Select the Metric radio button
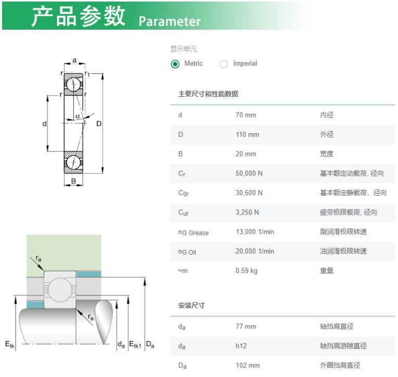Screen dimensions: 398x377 (x=175, y=64)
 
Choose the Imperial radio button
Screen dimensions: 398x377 (x=224, y=64)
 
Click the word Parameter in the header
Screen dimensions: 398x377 (x=170, y=21)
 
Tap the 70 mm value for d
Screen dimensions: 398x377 (x=246, y=115)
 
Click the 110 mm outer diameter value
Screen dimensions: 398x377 (x=247, y=134)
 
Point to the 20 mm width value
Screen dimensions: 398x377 (x=246, y=154)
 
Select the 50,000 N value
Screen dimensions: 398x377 (x=249, y=173)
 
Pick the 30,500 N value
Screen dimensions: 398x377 (x=249, y=193)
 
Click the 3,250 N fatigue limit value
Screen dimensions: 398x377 (x=247, y=212)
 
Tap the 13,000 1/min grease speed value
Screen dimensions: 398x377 (x=254, y=232)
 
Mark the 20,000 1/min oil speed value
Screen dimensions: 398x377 (x=254, y=252)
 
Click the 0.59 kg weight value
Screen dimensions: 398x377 (x=246, y=271)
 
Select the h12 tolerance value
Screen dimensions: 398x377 (x=241, y=346)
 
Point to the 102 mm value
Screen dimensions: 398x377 (x=248, y=366)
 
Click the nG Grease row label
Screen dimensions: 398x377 (x=193, y=232)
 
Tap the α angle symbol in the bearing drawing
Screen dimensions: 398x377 (x=78, y=116)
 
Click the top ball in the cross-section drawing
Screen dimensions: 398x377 (x=73, y=84)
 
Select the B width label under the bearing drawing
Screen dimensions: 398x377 (x=73, y=181)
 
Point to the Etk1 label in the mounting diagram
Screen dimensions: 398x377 (x=135, y=345)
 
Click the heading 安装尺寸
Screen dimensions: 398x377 (x=191, y=305)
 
